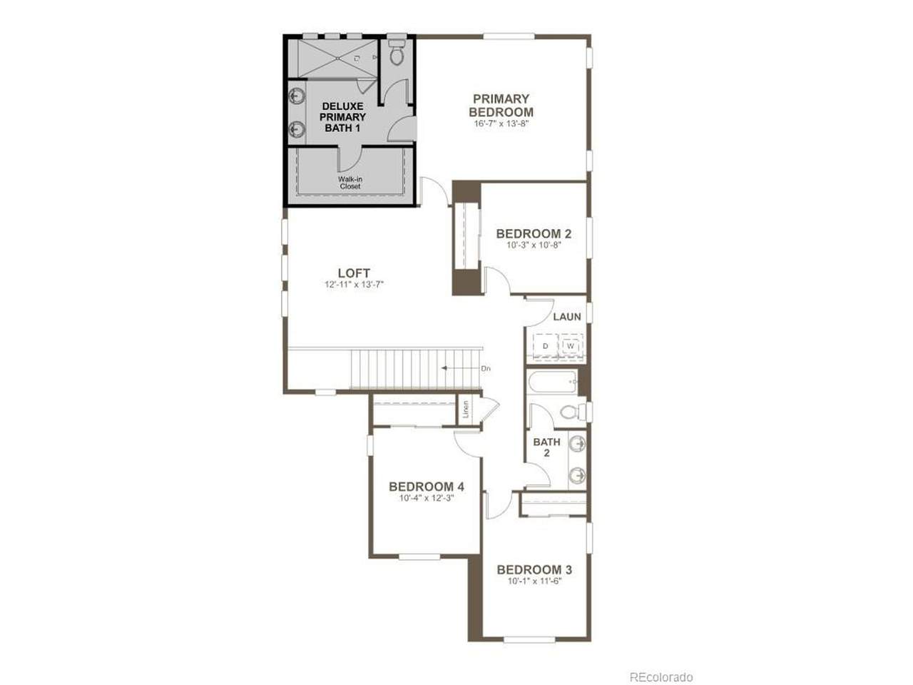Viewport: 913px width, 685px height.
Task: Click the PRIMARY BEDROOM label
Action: tap(501, 105)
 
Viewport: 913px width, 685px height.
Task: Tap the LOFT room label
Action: tap(354, 273)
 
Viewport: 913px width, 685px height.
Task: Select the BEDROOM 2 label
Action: tap(534, 233)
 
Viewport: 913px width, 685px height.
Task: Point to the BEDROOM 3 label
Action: tap(534, 569)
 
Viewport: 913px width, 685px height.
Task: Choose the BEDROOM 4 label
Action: tap(427, 486)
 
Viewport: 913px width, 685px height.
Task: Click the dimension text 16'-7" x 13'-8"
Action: tap(501, 123)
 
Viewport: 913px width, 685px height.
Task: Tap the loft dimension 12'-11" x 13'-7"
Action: tap(354, 285)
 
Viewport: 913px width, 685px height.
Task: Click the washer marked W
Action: tap(571, 346)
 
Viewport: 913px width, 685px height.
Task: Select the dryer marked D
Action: tap(546, 346)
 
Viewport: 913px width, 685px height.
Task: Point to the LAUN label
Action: tap(567, 317)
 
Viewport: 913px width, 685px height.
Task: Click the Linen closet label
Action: tap(466, 410)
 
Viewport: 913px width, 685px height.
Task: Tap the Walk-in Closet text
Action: tap(350, 183)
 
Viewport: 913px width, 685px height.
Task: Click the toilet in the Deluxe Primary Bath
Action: tap(397, 52)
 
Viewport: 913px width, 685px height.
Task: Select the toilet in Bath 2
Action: tap(572, 412)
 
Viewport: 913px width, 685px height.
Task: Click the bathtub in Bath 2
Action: tap(553, 382)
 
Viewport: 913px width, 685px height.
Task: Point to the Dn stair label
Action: tap(486, 368)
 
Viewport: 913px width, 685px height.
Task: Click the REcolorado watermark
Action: tap(661, 666)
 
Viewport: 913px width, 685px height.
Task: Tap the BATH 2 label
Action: tap(546, 447)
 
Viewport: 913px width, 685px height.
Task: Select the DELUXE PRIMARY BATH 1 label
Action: tap(342, 117)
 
